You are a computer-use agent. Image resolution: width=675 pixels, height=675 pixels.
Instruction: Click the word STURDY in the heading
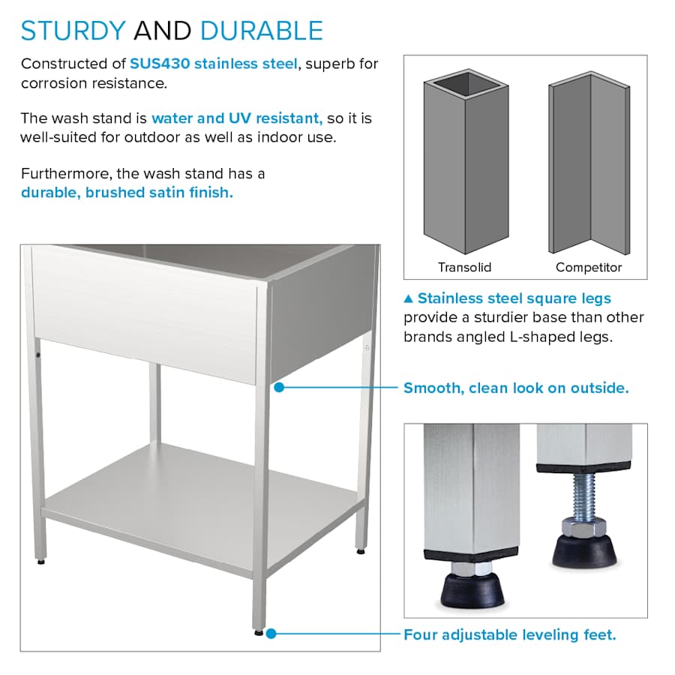(x=73, y=31)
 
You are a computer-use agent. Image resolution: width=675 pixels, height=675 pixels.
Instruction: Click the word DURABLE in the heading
(x=262, y=31)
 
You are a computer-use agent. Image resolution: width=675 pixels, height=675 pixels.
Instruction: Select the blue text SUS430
(x=160, y=64)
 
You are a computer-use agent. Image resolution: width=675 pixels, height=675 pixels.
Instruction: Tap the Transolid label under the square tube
(x=464, y=267)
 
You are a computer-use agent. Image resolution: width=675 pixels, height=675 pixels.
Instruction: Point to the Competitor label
(x=589, y=267)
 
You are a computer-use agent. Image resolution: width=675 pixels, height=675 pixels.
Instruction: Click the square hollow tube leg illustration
(x=466, y=161)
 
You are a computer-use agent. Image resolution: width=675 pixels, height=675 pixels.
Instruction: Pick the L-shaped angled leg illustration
(x=589, y=163)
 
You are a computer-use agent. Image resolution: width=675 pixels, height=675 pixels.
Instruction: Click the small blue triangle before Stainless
(x=409, y=298)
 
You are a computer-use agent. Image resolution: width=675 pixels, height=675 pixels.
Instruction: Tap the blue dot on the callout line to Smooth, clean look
(x=279, y=388)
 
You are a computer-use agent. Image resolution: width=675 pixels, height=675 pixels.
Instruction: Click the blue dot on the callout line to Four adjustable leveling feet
(x=271, y=634)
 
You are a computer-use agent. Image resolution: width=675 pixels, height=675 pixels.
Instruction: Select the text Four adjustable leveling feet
(x=510, y=634)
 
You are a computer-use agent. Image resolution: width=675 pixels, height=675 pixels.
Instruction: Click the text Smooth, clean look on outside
(x=516, y=388)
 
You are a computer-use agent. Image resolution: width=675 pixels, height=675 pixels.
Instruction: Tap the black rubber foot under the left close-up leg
(x=472, y=589)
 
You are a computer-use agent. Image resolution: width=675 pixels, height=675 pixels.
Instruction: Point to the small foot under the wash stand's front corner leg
(x=258, y=632)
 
